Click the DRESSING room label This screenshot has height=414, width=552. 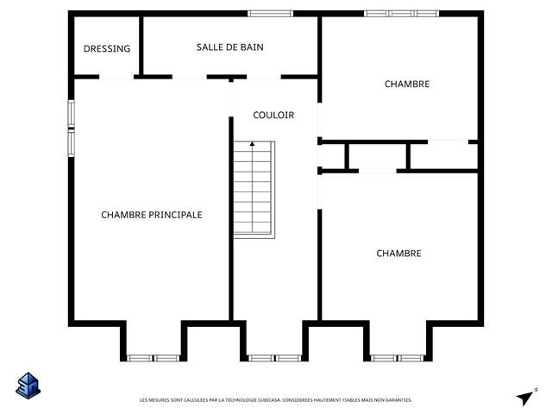point(107,48)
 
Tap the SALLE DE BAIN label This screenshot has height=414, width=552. point(230,47)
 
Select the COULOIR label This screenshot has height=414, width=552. point(273,115)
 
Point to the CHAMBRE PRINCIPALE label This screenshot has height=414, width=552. point(152,215)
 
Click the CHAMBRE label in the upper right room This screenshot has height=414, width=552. point(407,85)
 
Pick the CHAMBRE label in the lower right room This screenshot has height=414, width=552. point(398,254)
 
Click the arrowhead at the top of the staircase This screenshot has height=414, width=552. point(252,144)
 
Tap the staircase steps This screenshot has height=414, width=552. point(254,190)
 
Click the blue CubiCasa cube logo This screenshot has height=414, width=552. point(28,386)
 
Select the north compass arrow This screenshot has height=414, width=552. point(527,397)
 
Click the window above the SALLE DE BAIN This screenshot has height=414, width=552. point(270,14)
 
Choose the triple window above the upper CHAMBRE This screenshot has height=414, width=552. point(401,14)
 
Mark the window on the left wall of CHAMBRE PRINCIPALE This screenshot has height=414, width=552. point(71,129)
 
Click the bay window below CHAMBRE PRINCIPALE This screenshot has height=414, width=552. point(154,359)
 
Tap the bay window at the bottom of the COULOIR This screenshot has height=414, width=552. point(275,359)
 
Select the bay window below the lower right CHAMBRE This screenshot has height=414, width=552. point(397,359)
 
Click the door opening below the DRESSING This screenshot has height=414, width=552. point(116,77)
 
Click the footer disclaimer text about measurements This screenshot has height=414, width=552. point(276,400)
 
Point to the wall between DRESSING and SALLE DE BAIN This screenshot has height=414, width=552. point(141,46)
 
